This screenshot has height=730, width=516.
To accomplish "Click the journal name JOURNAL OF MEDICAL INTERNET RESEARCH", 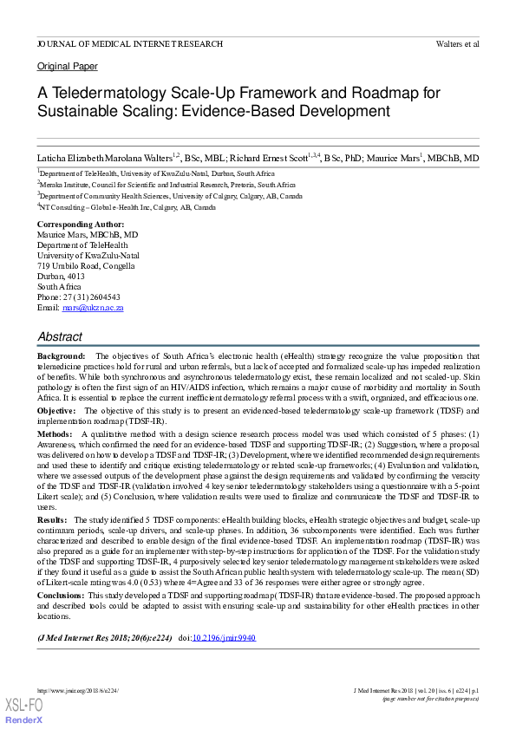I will tap(130, 43).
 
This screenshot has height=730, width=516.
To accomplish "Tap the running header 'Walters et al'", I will tap(457, 43).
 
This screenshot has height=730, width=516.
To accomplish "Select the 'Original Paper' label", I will tap(68, 67).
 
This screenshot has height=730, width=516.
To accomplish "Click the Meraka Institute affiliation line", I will tap(167, 185).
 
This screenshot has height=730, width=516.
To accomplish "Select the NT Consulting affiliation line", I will tap(127, 208).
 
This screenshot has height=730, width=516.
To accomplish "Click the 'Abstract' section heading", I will tap(61, 336).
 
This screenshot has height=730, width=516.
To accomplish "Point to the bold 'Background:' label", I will tap(62, 356).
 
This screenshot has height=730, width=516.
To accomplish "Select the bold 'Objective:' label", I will tap(56, 409).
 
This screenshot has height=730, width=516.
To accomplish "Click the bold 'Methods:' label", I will tap(56, 432).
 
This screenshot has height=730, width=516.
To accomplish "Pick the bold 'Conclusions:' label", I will tap(62, 596).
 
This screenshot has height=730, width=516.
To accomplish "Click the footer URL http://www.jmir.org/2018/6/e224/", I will tap(77, 690).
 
